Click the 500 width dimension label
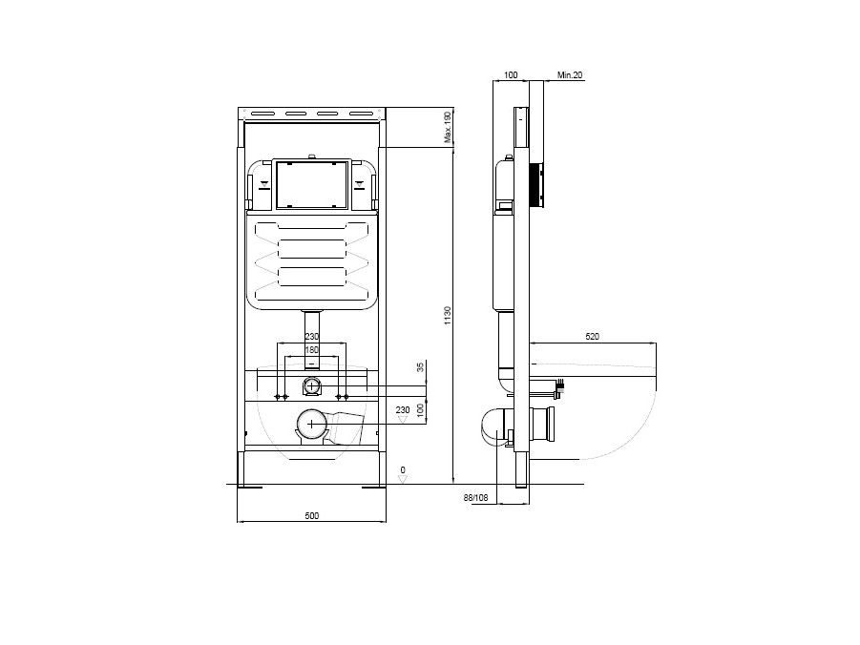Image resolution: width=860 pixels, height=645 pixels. tap(311, 515)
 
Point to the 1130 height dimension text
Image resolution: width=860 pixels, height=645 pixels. tap(448, 315)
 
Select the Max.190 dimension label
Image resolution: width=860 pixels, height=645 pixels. tap(447, 127)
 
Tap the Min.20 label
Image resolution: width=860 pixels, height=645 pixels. tap(570, 73)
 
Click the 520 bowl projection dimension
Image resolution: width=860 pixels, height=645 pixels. tap(592, 336)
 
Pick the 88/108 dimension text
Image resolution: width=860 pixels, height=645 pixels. tap(474, 496)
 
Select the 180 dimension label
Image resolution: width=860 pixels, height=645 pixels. tap(311, 350)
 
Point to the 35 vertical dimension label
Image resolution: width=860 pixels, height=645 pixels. tap(420, 367)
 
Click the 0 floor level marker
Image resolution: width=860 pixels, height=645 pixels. tap(403, 470)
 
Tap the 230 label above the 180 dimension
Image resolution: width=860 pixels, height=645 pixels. tap(311, 337)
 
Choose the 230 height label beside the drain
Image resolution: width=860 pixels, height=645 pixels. tap(403, 409)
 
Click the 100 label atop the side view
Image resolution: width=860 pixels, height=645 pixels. tap(511, 73)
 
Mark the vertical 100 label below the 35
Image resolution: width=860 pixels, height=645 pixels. tap(420, 407)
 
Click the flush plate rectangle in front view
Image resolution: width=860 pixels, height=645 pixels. tap(311, 184)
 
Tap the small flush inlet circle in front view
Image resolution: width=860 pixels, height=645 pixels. tap(311, 385)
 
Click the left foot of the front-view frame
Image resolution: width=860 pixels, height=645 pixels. tap(250, 488)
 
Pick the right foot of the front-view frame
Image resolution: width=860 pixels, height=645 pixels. tap(373, 488)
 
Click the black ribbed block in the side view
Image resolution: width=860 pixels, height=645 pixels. tap(538, 185)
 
